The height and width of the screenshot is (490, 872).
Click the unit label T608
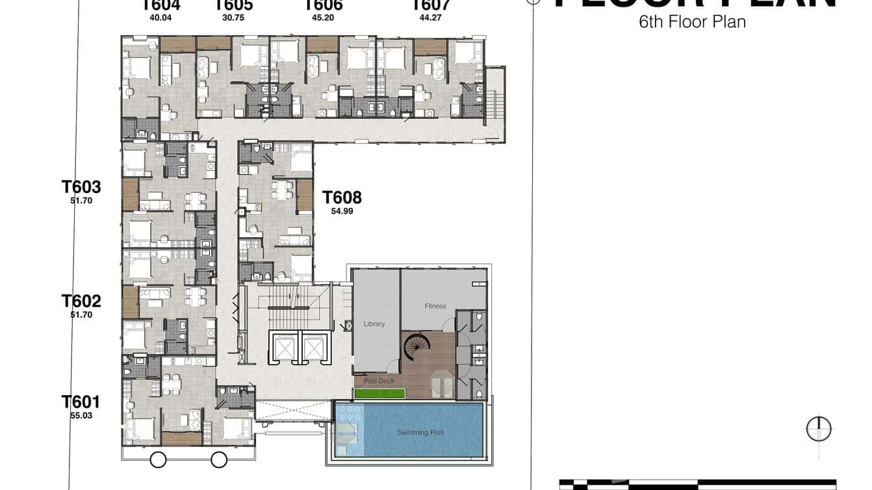coord(342,197)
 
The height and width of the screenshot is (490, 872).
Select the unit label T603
coord(81,187)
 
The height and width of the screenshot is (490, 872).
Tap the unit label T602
coord(81,301)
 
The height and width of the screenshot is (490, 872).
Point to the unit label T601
coord(81,402)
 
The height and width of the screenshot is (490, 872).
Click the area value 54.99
coord(342,211)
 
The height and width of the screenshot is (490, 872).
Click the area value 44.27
coord(431,18)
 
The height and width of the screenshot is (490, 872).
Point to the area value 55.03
coord(81,415)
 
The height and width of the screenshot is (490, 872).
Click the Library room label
coord(374,324)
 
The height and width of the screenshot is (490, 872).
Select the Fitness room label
coord(435,306)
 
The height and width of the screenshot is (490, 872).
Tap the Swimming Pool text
coord(420,432)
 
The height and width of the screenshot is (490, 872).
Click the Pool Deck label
coord(379,381)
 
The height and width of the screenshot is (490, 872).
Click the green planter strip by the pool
coord(380,393)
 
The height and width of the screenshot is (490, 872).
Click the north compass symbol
coord(819,430)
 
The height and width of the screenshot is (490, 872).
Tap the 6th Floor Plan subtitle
coord(692,22)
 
